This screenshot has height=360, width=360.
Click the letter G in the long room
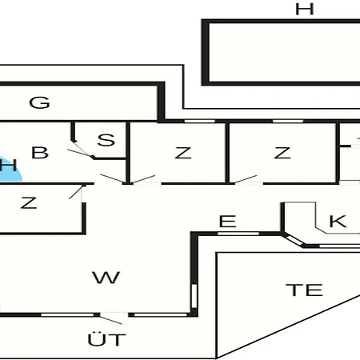coord(39,102)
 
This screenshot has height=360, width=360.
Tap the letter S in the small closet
coord(106,140)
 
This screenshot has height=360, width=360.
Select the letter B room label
coord(40,153)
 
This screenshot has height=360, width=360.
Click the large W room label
coord(106,278)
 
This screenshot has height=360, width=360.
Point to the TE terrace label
coord(304,290)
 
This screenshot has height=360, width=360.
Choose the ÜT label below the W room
coord(106,338)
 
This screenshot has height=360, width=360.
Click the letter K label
coord(338,221)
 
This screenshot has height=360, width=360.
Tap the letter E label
coord(227,221)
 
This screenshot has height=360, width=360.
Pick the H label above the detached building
coord(304,9)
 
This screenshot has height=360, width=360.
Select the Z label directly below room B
coord(29,203)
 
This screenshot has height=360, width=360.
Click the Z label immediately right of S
coord(183,153)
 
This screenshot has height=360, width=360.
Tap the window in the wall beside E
coord(238,234)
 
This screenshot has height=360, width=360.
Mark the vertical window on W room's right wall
coord(194,296)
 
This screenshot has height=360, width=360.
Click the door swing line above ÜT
coord(110,320)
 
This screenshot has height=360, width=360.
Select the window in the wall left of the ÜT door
coord(67,315)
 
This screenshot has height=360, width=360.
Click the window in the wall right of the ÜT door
coord(161,315)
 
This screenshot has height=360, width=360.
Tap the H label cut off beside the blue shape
coord(8,165)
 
